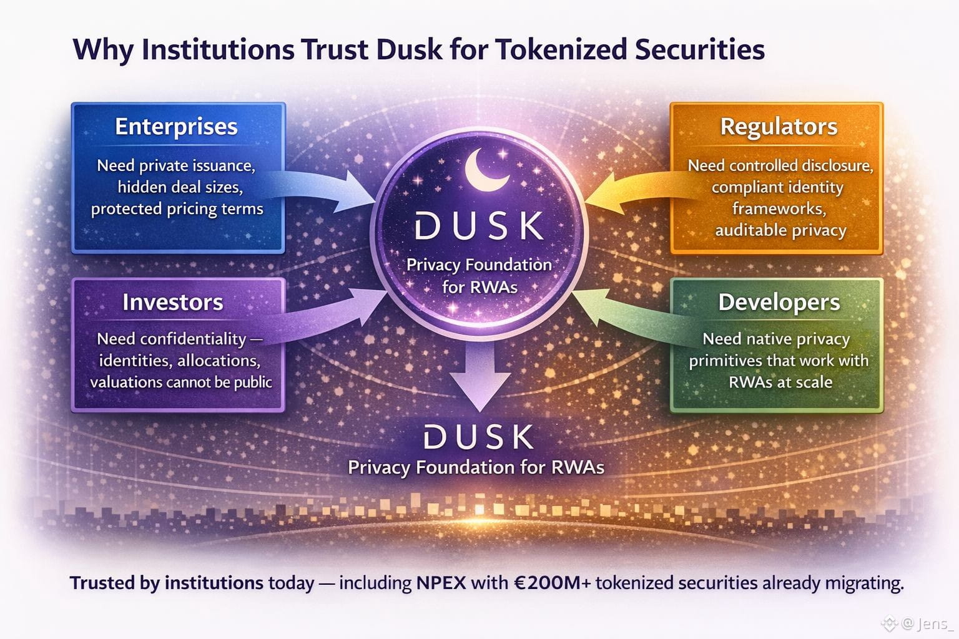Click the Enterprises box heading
click(177, 127)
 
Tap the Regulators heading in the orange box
click(779, 127)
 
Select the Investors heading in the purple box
click(173, 302)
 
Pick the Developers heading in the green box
click(779, 302)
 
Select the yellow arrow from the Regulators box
click(631, 187)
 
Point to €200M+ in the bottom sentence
click(549, 583)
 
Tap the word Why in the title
click(103, 50)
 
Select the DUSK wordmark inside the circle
click(479, 226)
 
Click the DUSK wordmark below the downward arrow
click(479, 437)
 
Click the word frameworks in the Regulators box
click(779, 208)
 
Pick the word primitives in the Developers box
click(725, 361)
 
